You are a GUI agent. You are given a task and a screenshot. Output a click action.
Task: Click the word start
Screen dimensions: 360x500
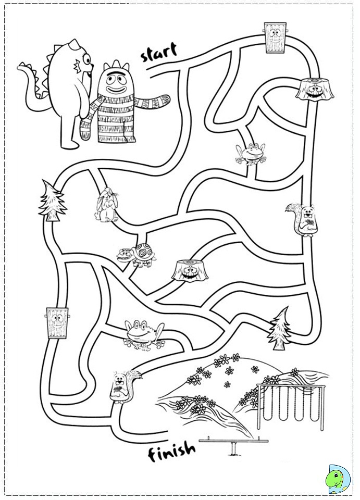(x=158, y=53)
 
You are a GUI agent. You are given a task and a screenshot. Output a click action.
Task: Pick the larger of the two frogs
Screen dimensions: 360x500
(x=144, y=334)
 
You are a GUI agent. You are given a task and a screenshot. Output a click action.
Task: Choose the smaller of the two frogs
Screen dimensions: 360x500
(x=251, y=154)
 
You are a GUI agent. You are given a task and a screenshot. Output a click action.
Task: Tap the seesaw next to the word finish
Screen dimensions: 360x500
(x=233, y=445)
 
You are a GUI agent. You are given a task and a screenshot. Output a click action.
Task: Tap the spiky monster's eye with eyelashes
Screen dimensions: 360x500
(x=87, y=59)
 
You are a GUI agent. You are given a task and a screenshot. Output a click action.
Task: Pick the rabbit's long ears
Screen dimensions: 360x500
(x=109, y=193)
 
